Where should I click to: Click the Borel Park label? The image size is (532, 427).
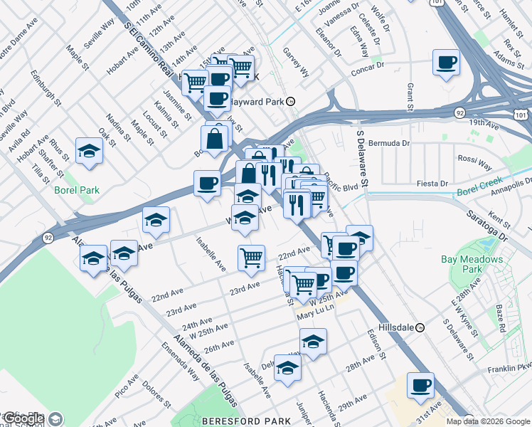(x=76, y=190)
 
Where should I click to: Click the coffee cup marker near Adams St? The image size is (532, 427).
(x=446, y=64)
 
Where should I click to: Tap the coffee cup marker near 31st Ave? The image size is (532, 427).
(x=420, y=386)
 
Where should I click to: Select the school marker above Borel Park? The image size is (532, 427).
(x=89, y=151)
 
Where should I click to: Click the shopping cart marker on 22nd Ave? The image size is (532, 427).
(x=250, y=258)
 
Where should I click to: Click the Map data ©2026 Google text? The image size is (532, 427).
(x=489, y=421)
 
